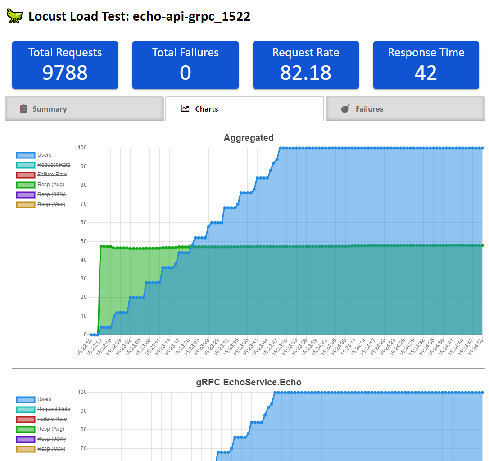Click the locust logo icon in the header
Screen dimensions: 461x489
[x=14, y=16]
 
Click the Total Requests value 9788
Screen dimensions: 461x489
[x=65, y=72]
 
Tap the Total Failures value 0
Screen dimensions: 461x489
[x=185, y=72]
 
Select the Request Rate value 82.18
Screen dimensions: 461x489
[x=306, y=72]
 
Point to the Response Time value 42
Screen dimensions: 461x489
[x=426, y=72]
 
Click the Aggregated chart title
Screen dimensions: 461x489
[x=249, y=138]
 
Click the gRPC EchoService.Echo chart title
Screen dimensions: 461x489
[x=249, y=382]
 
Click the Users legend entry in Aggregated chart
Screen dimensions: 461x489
[x=44, y=155]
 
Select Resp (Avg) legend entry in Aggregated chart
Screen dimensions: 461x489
[x=50, y=185]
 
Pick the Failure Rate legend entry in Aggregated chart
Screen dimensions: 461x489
[x=52, y=175]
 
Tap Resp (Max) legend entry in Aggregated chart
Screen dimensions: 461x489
[x=51, y=204]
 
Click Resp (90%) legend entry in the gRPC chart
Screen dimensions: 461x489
[x=51, y=439]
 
